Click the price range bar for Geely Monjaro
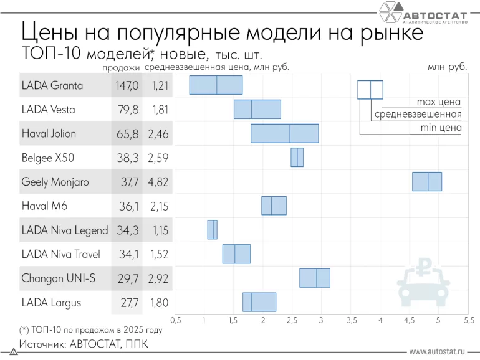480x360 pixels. pos(427,181)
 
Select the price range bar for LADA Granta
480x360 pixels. pos(216,85)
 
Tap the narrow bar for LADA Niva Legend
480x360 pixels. pos(213,229)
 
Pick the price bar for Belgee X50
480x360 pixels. pos(297,157)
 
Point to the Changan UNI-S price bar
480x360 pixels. pos(315,278)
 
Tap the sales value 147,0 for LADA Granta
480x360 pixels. pos(127,85)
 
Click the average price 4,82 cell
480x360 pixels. pos(158,182)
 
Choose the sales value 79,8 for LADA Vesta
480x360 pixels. pos(128,110)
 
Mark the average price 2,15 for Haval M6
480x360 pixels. pos(158,206)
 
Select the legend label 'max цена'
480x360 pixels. pos(438,102)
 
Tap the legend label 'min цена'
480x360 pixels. pos(439,128)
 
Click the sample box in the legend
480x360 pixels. pos(370,90)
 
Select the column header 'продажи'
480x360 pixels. pos(121,67)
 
